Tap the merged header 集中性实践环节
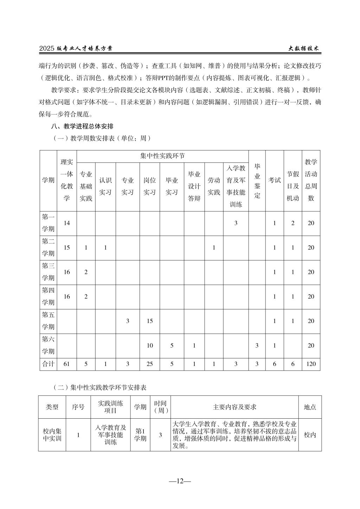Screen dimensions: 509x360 [x=162, y=156]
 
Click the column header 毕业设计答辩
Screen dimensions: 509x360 [x=194, y=186]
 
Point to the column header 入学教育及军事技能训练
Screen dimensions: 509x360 [x=236, y=186]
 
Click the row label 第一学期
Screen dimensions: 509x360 [x=48, y=223]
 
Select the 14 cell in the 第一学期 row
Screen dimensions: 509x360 [x=67, y=223]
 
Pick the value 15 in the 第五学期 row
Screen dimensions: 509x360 [x=150, y=321]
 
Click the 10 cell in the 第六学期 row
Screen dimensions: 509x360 [x=150, y=346]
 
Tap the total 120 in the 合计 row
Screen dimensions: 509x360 [x=311, y=364]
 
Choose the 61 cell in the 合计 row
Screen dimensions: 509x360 [x=67, y=364]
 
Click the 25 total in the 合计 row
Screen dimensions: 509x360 [x=150, y=364]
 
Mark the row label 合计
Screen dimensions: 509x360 [x=48, y=364]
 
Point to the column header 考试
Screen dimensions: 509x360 [x=275, y=180]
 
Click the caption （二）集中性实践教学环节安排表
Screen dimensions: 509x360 [x=99, y=387]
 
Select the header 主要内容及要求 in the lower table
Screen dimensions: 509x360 [x=234, y=407]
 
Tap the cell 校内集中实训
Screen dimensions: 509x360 [x=52, y=435]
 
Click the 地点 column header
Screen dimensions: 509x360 [x=310, y=407]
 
